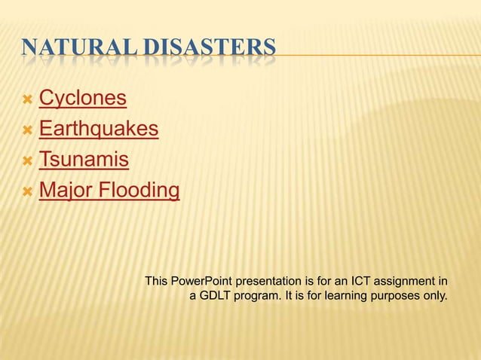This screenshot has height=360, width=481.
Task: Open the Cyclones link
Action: click(x=82, y=98)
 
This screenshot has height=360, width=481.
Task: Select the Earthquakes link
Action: click(x=98, y=129)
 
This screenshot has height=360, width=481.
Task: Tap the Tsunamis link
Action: click(x=84, y=160)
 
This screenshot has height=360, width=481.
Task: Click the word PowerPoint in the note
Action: click(x=199, y=282)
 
